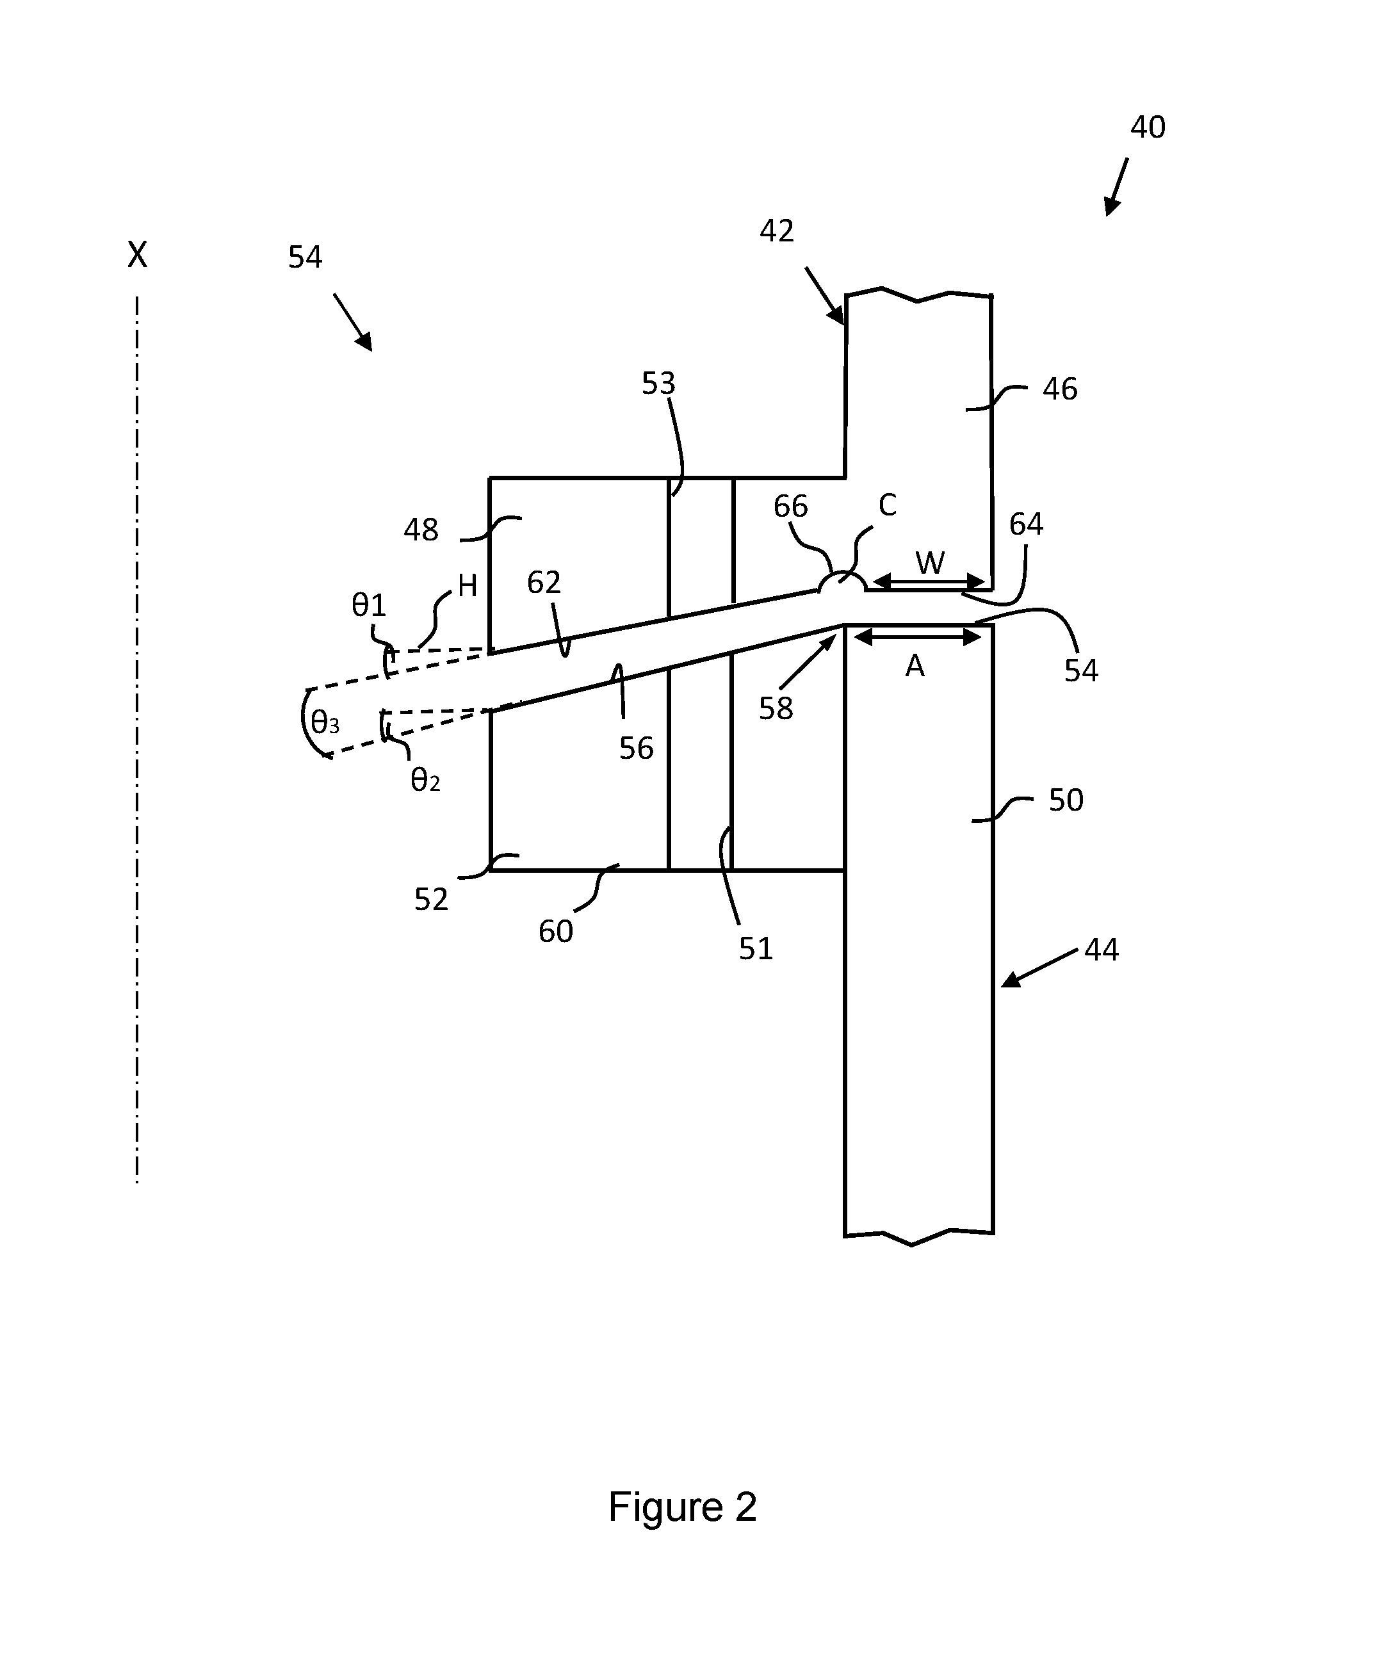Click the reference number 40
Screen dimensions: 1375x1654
[1148, 127]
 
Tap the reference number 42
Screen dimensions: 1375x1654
[776, 231]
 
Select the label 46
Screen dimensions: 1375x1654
[1060, 389]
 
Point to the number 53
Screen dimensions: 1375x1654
[658, 384]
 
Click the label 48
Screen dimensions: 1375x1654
[421, 530]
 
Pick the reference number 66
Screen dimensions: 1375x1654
[791, 507]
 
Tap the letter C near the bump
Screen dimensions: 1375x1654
[888, 505]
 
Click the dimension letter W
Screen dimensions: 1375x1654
[930, 562]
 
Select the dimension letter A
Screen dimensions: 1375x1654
[915, 667]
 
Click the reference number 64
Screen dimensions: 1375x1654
[1026, 524]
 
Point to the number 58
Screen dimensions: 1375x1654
[776, 709]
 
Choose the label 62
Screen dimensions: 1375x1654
[544, 583]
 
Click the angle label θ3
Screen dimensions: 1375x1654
[325, 722]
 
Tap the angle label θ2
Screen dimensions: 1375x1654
[425, 780]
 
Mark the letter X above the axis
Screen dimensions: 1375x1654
[137, 255]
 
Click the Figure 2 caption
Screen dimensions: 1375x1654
[682, 1507]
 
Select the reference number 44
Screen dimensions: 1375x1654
[1101, 950]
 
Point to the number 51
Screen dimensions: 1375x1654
[756, 948]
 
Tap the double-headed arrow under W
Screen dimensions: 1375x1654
[929, 582]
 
